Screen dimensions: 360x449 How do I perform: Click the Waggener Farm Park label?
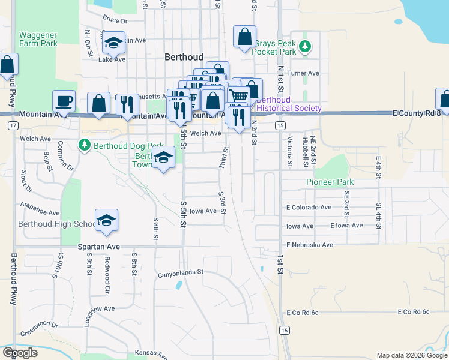coord(38,39)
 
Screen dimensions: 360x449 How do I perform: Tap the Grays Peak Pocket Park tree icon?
coord(306,46)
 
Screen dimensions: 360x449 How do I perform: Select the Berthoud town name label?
coord(184,57)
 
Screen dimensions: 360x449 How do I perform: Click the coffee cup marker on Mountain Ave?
coord(64,101)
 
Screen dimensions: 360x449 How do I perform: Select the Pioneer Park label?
coord(330,182)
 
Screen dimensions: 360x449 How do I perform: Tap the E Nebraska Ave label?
coord(309,245)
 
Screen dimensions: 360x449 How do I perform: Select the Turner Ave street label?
coord(303,73)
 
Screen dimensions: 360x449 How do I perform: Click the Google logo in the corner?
coord(20,353)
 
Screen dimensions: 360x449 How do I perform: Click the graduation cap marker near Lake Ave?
coord(113,43)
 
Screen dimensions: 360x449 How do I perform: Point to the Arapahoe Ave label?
coord(40,213)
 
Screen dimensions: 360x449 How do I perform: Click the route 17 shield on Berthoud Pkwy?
coord(12,125)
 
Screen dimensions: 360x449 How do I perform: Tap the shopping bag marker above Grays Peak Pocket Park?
coord(244,37)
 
